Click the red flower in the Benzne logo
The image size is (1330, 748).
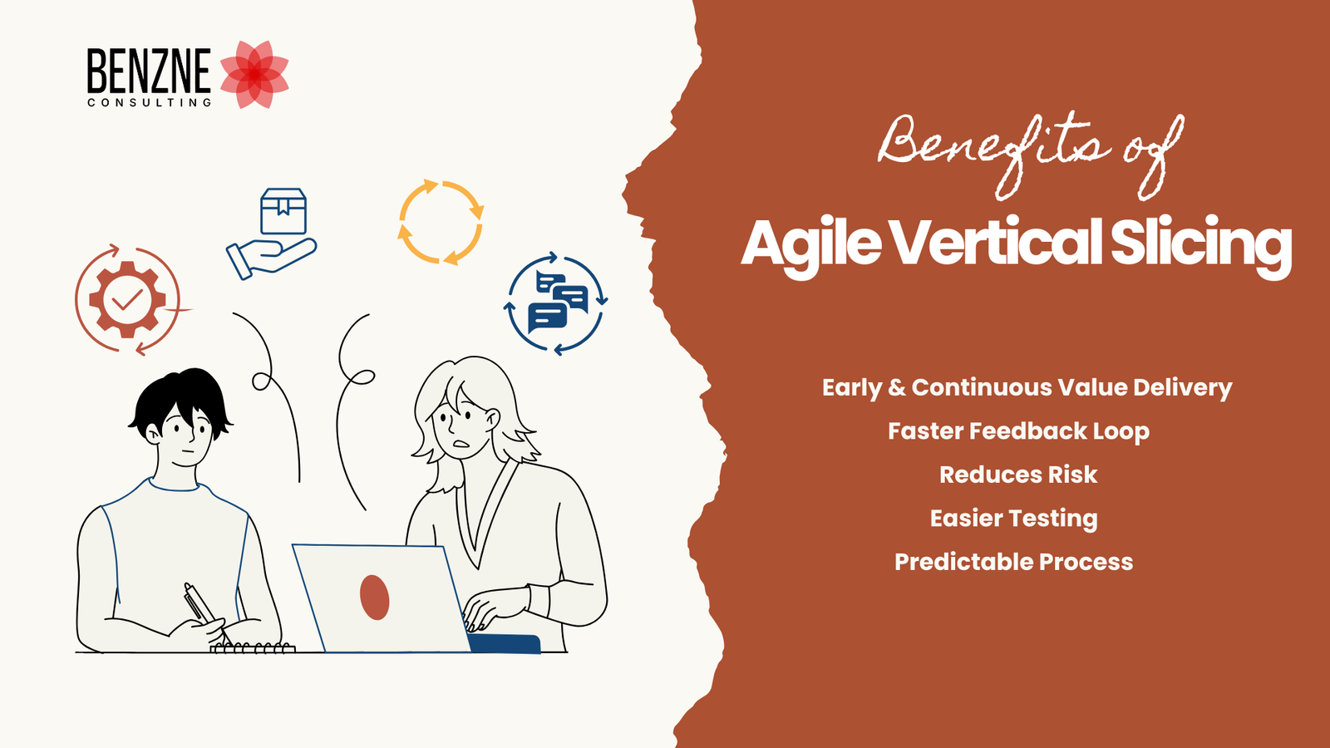pos(254,74)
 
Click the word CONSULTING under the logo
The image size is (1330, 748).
pos(149,103)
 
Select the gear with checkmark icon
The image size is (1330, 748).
pos(128,300)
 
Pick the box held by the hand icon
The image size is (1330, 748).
pos(283,211)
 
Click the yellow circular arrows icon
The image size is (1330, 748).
pos(441,221)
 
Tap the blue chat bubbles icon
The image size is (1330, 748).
pos(555,303)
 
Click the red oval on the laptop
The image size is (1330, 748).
pos(375,598)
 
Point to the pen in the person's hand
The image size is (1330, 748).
pos(205,612)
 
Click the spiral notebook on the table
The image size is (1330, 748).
pos(253,647)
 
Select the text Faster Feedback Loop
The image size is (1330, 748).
pos(1018,431)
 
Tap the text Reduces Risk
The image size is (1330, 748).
pos(1018,475)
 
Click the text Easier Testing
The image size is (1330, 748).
pos(1013,519)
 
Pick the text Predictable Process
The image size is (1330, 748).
pos(1013,562)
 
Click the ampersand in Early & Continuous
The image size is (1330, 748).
pos(897,387)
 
